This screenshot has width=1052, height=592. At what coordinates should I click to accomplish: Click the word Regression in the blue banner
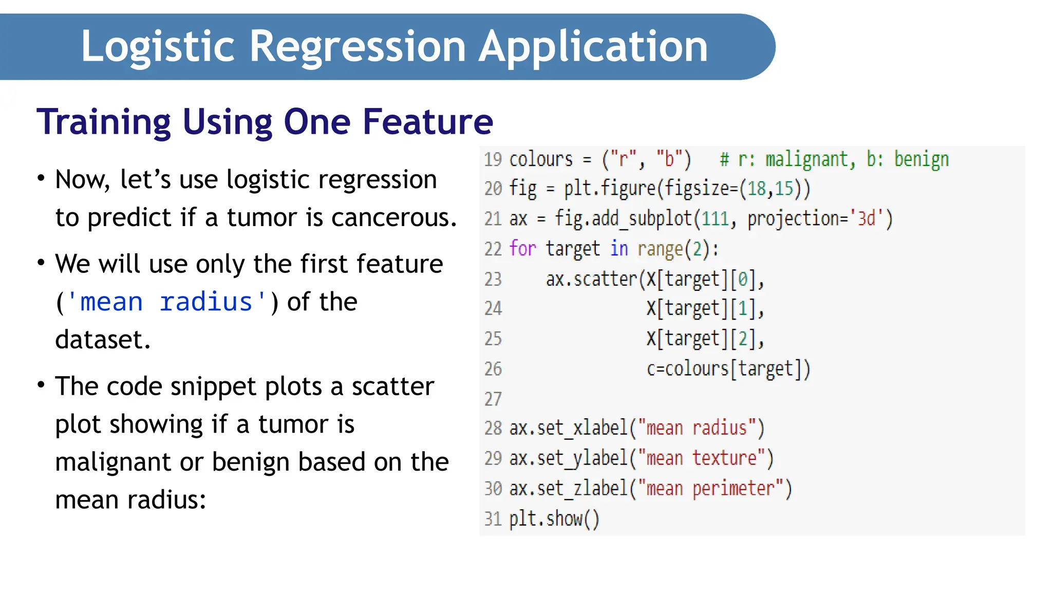(x=358, y=47)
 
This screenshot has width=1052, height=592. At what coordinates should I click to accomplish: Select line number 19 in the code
(x=493, y=159)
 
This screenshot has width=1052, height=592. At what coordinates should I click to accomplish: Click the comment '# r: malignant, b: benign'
(x=834, y=159)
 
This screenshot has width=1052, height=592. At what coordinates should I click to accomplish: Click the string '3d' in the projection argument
(x=867, y=219)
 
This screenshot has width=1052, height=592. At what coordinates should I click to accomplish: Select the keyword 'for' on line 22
(x=522, y=249)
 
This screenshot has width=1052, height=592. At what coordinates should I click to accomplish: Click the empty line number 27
(x=493, y=399)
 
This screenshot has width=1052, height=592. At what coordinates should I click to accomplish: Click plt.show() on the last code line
(x=554, y=519)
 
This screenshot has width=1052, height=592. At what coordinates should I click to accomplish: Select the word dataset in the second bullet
(x=102, y=340)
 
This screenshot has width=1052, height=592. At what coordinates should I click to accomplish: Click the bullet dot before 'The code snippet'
(x=41, y=385)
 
